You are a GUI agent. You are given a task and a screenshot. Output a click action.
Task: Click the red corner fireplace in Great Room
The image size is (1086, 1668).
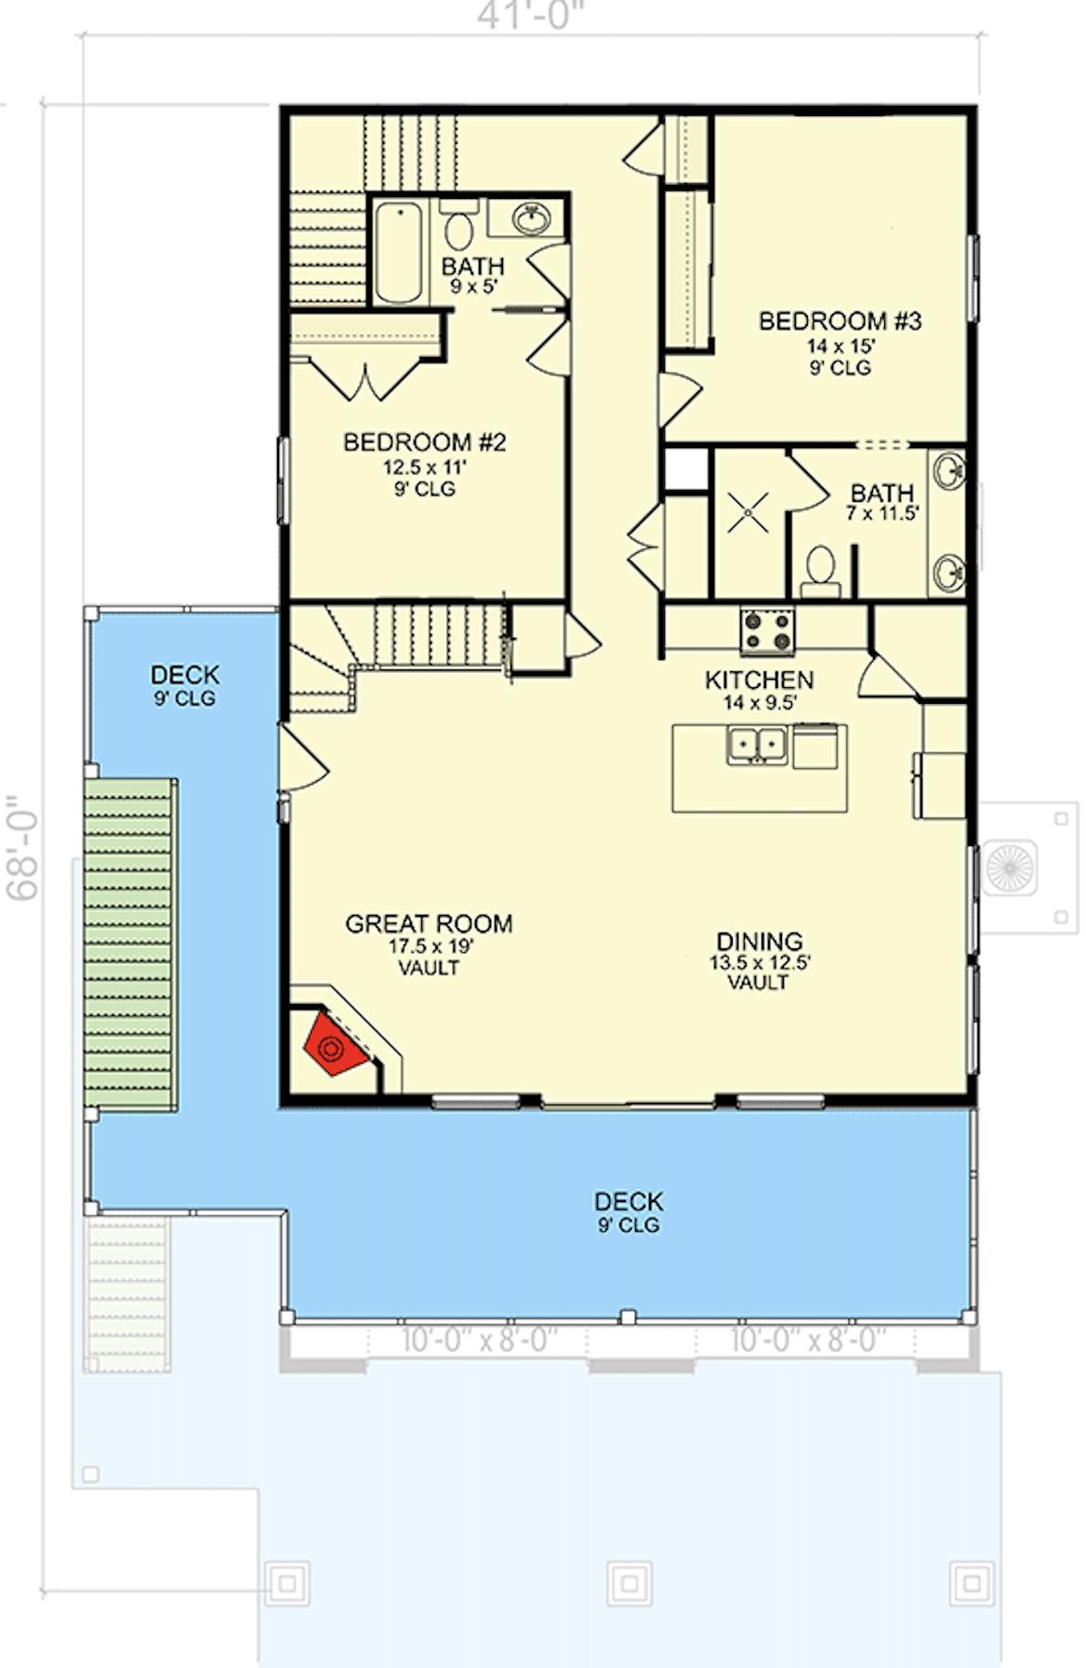[332, 1045]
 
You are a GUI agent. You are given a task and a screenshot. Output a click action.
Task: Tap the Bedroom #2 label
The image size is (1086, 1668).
[424, 442]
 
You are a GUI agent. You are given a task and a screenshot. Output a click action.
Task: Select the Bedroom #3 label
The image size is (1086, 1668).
[840, 322]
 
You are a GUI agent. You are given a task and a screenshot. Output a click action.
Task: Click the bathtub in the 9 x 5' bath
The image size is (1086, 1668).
[400, 252]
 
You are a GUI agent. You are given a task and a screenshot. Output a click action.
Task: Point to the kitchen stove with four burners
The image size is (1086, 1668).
[766, 630]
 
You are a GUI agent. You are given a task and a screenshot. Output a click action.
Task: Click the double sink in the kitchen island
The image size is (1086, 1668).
[757, 745]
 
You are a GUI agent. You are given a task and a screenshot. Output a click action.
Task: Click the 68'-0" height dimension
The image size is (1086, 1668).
[22, 846]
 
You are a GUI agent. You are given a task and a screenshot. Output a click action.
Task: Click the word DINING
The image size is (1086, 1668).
[759, 940]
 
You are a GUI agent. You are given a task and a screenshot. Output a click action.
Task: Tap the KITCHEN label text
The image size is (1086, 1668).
[759, 680]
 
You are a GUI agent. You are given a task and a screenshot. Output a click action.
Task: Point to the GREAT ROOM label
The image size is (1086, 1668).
[429, 923]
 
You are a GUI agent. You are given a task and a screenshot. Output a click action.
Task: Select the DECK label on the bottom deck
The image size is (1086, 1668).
[629, 1200]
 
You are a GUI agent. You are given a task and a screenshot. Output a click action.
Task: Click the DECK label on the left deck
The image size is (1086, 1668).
[184, 674]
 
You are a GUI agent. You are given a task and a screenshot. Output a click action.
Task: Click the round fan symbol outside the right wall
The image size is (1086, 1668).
[1010, 867]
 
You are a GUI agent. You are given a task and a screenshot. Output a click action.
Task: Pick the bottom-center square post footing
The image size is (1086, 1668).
[629, 1582]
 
